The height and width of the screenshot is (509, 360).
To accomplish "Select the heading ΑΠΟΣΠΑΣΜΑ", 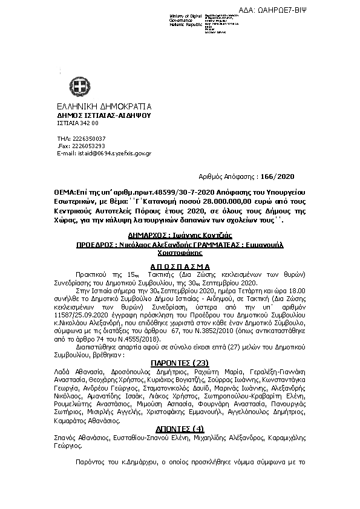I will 178,267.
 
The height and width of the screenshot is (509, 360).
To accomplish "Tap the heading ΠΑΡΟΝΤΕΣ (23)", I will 178,362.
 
